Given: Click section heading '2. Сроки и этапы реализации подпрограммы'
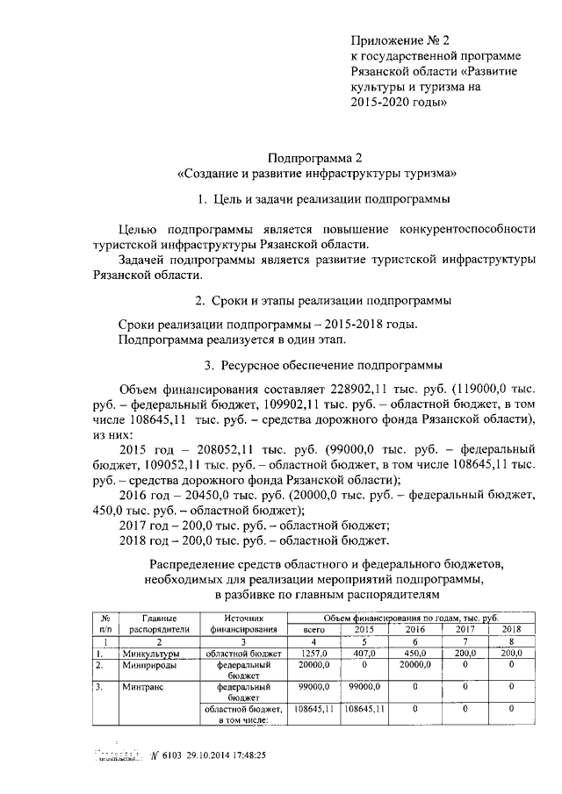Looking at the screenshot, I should (323, 301).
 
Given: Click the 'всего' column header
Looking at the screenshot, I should (313, 630).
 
